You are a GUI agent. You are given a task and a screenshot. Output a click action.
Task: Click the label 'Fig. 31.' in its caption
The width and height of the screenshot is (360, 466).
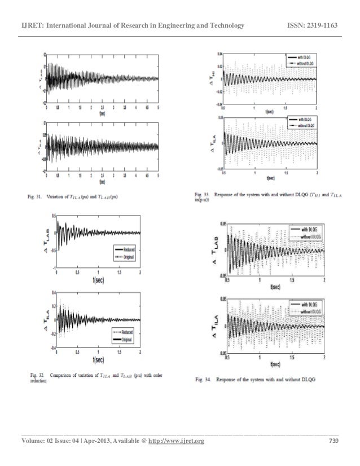pyautogui.click(x=38, y=196)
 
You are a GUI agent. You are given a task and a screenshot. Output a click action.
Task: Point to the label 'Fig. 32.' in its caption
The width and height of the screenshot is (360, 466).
pyautogui.click(x=38, y=374)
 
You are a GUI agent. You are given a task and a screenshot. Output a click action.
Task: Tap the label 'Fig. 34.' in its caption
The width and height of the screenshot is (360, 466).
pyautogui.click(x=202, y=378)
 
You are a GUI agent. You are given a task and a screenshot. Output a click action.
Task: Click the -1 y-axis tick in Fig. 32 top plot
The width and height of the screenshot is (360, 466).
pyautogui.click(x=52, y=267)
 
